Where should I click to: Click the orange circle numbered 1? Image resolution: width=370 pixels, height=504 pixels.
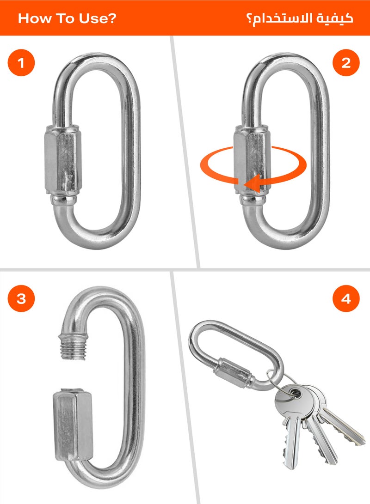click(21, 63)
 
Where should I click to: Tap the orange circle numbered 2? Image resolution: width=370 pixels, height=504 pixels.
click(346, 63)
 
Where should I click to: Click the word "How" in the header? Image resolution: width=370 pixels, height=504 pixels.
click(35, 19)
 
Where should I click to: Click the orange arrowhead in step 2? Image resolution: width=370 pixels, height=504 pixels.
click(252, 185)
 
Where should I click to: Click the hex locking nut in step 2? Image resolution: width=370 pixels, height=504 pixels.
click(251, 159)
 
